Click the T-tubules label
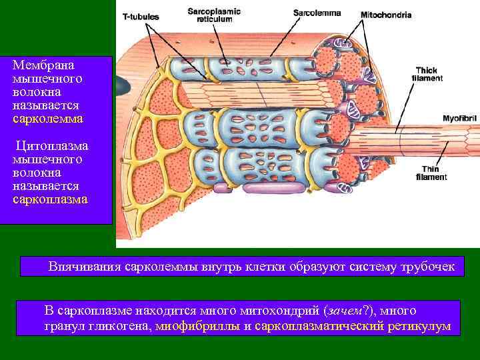coord(137,17)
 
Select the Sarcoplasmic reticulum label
coord(214,15)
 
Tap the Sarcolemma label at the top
coord(317,13)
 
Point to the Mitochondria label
coord(386,15)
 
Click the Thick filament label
coord(426,73)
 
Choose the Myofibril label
coord(460,119)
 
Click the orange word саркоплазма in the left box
coord(49,199)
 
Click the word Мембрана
coord(43,65)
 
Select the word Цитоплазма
coord(51,145)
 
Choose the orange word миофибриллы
coord(199,327)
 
